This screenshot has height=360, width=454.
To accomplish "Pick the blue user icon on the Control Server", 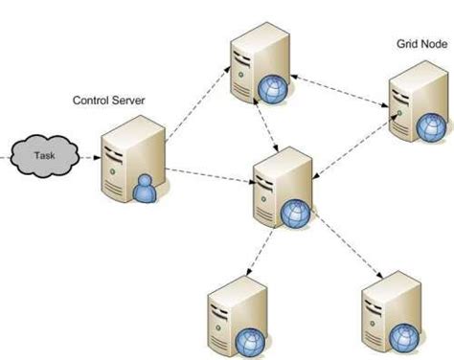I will coord(146,189).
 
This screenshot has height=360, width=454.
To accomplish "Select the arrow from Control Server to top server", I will coord(196,104).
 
